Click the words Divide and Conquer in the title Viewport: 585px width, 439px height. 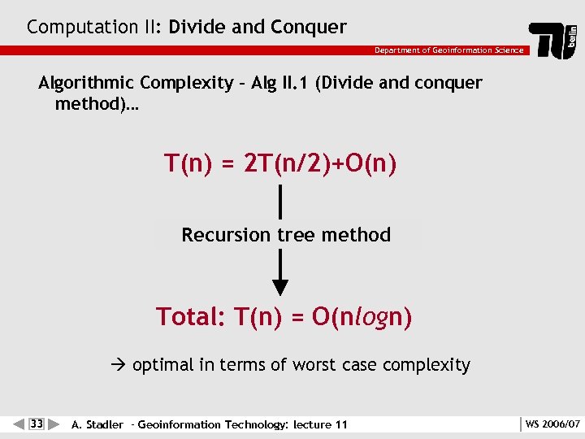(258, 27)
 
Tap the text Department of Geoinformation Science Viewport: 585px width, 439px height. (448, 50)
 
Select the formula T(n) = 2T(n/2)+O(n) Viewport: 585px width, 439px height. (280, 163)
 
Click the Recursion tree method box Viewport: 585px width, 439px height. (286, 235)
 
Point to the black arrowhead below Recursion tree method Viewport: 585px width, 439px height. (280, 286)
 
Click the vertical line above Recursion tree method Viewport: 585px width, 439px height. (280, 202)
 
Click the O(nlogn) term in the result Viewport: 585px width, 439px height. (362, 316)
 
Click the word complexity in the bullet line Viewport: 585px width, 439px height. (430, 366)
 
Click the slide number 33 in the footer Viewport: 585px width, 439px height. (37, 424)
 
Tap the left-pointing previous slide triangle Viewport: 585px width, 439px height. (19, 424)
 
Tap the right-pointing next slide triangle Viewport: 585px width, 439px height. (54, 424)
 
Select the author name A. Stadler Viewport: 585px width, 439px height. (97, 424)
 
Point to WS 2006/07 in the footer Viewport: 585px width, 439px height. (552, 424)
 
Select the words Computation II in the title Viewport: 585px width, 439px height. (94, 27)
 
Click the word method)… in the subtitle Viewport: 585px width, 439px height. (97, 105)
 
